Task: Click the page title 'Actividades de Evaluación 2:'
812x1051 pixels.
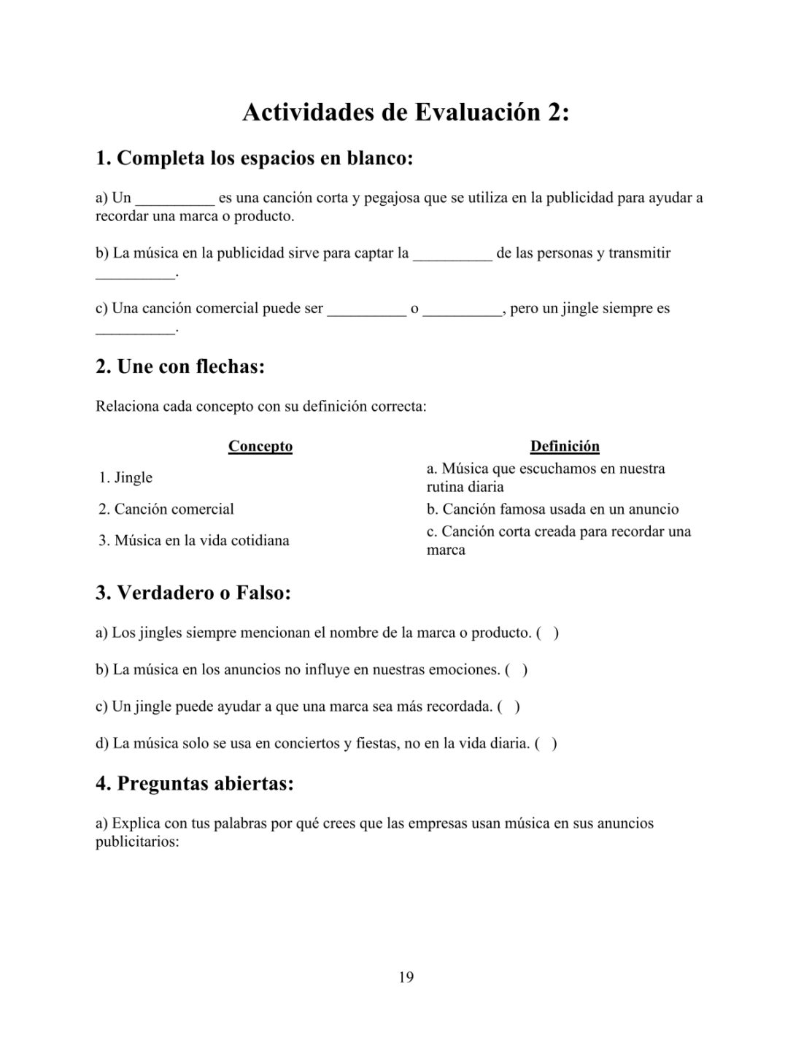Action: pyautogui.click(x=405, y=113)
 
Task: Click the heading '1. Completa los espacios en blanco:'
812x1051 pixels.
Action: pyautogui.click(x=254, y=158)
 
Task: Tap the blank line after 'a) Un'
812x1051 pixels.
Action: pyautogui.click(x=175, y=199)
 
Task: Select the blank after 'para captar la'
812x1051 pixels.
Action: pyautogui.click(x=452, y=254)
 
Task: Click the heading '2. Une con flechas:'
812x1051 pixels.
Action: pyautogui.click(x=180, y=366)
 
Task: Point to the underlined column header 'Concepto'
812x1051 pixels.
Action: pyautogui.click(x=260, y=446)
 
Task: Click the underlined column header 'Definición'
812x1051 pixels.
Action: pyautogui.click(x=565, y=446)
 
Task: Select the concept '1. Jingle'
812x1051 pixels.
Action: pyautogui.click(x=125, y=477)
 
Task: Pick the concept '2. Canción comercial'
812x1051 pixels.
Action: pyautogui.click(x=166, y=509)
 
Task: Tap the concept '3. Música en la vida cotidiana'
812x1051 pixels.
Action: pyautogui.click(x=194, y=541)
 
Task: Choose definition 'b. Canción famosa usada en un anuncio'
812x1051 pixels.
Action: pyautogui.click(x=552, y=509)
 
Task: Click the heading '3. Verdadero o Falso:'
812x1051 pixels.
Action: pyautogui.click(x=193, y=593)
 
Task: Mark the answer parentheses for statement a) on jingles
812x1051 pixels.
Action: pyautogui.click(x=547, y=633)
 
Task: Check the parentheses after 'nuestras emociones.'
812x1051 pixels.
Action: pyautogui.click(x=516, y=669)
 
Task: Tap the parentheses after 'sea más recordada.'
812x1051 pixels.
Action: pyautogui.click(x=509, y=707)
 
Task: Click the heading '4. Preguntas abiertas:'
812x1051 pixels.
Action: pyautogui.click(x=195, y=784)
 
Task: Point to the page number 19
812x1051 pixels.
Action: pyautogui.click(x=406, y=977)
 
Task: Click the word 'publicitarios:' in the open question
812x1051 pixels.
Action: pyautogui.click(x=137, y=842)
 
